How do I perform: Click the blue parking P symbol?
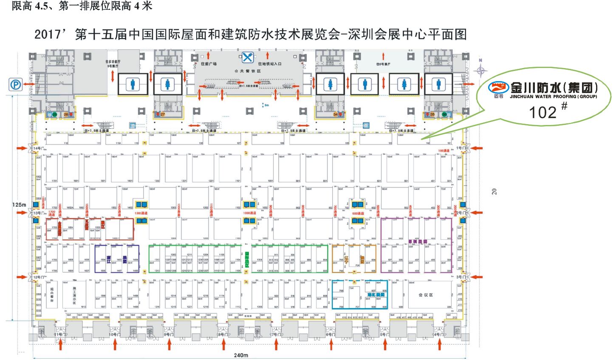16,85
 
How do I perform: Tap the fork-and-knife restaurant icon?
248,57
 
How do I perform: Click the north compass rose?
480,69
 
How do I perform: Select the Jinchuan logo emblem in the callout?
498,88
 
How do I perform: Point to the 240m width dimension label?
241,355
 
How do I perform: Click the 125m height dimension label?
19,205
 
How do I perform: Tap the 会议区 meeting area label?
425,295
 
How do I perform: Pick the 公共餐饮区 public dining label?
248,71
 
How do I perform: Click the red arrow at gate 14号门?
22,148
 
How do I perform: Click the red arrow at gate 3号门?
478,277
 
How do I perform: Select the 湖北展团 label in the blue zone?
376,295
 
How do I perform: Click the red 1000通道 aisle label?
249,213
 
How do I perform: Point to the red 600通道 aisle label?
358,213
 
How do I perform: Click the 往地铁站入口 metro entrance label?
270,64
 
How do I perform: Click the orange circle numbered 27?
163,114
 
